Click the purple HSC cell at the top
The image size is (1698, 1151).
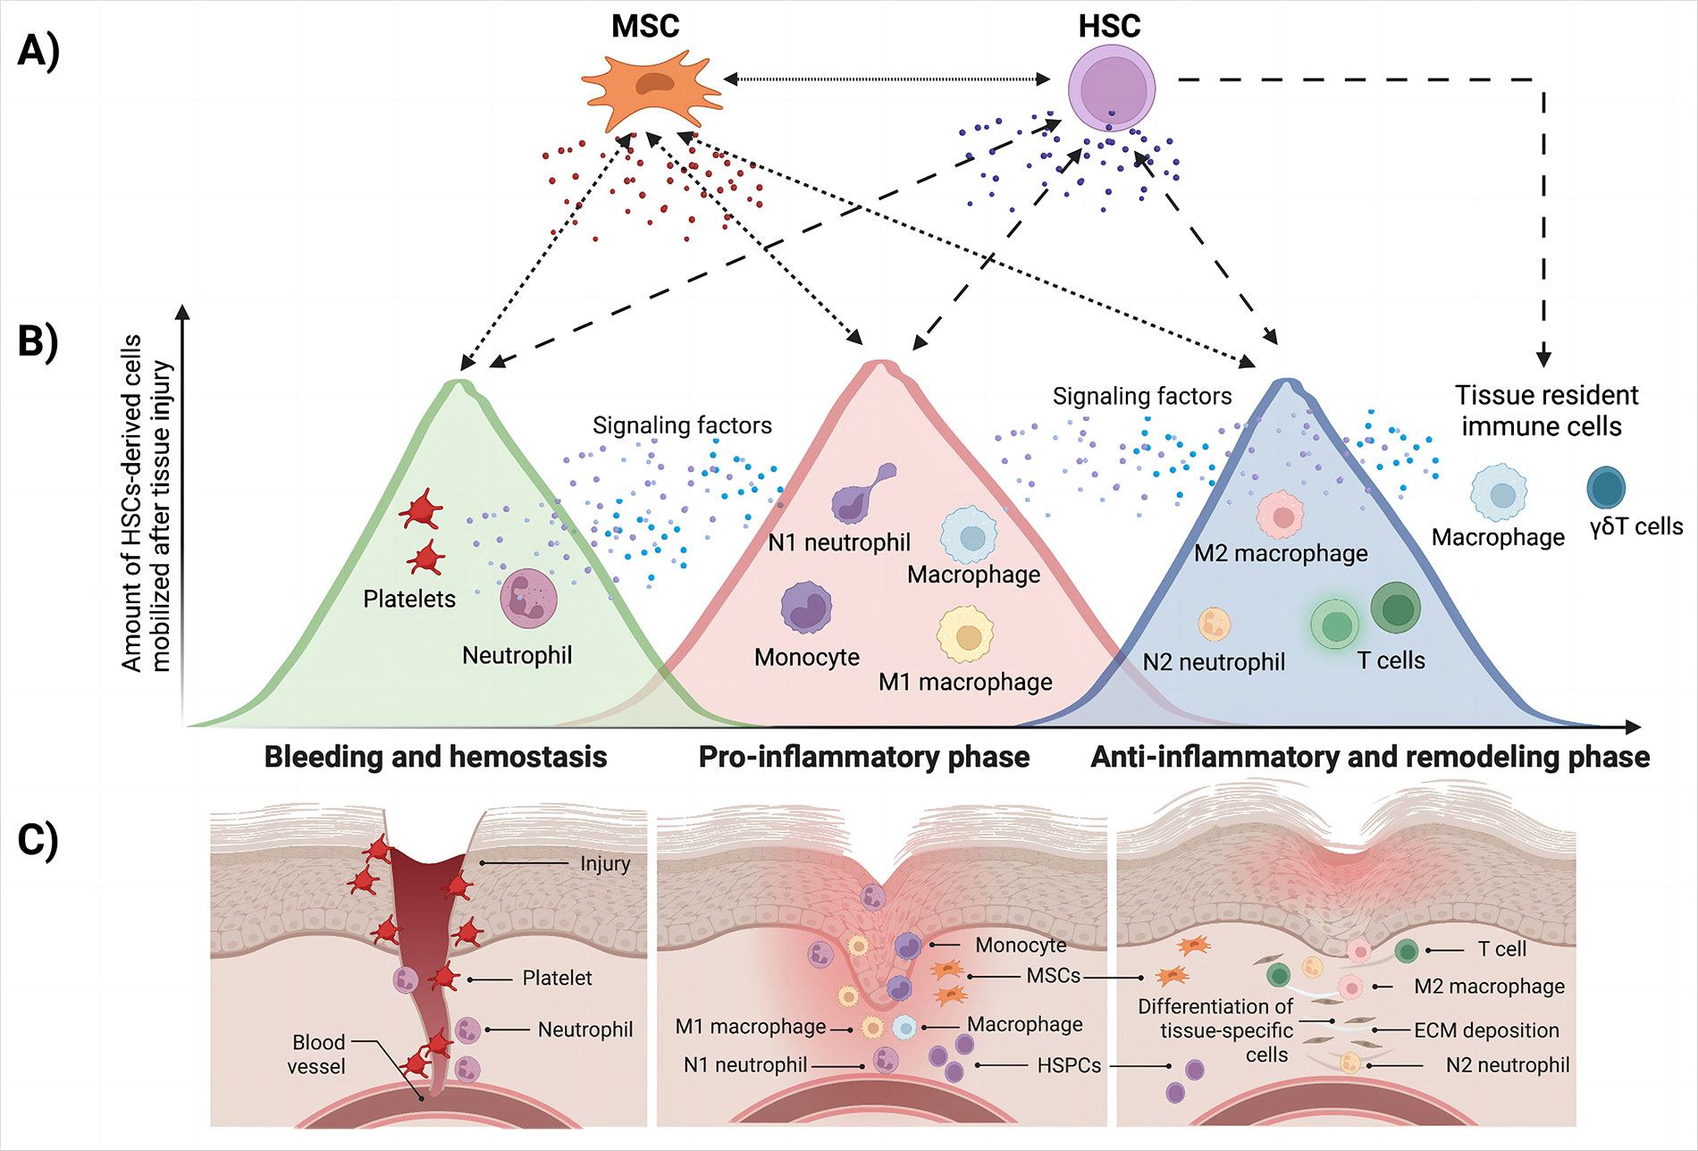(x=1112, y=89)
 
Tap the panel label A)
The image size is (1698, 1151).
(x=38, y=51)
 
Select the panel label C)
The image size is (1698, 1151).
(x=38, y=839)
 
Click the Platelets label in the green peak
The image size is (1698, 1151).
(x=409, y=599)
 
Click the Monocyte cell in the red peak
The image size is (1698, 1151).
(x=806, y=608)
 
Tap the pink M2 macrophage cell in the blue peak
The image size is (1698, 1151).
(x=1282, y=516)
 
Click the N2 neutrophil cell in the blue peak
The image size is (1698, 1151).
(x=1214, y=623)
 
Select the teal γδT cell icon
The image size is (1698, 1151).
(x=1606, y=488)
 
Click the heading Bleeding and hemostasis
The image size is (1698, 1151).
(x=435, y=757)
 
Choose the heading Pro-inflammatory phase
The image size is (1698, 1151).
(x=863, y=757)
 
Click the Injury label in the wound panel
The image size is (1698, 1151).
(x=605, y=863)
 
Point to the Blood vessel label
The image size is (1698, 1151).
(x=316, y=1054)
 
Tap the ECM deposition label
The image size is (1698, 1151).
(x=1486, y=1030)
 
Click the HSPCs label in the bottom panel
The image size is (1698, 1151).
(x=1069, y=1065)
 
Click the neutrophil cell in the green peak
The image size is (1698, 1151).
(x=528, y=598)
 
